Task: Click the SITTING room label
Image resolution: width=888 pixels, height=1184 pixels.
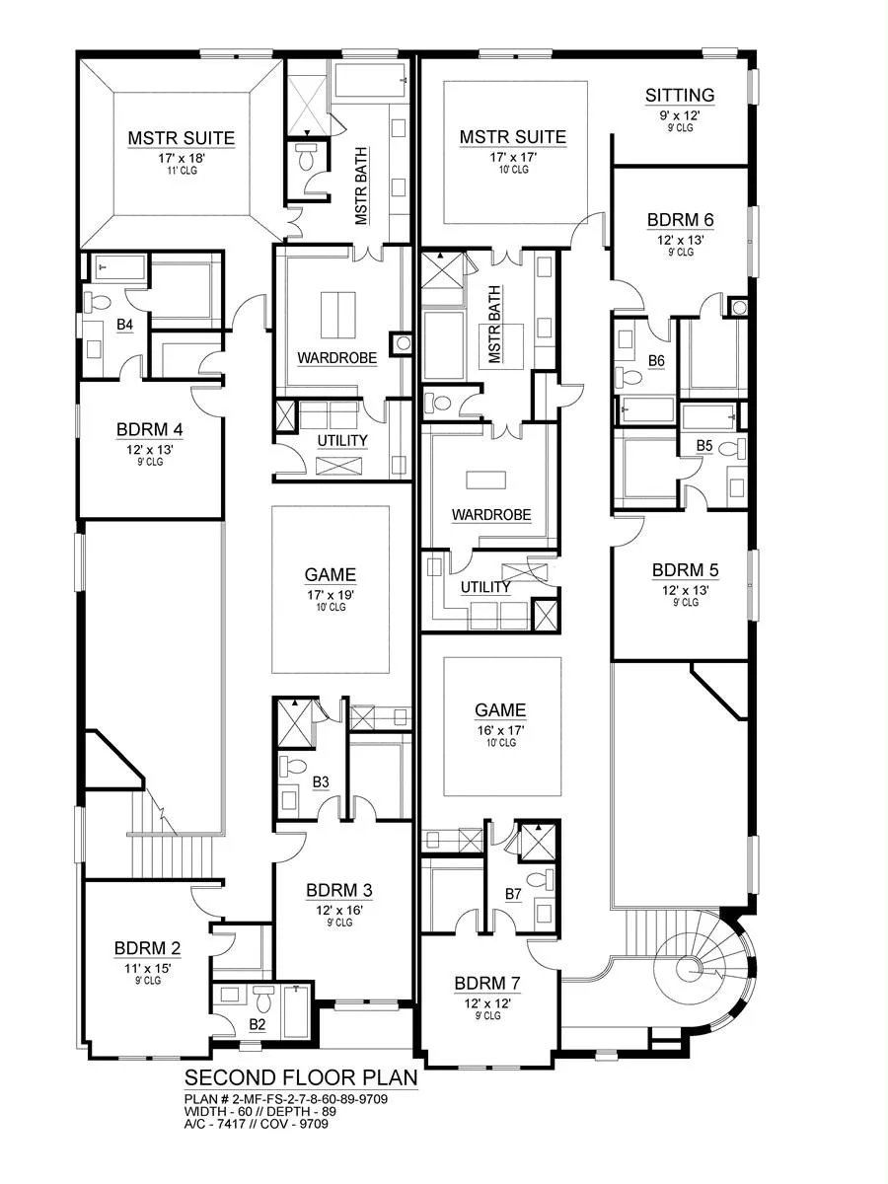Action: click(x=680, y=95)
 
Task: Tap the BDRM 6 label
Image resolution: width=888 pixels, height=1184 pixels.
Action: click(x=681, y=220)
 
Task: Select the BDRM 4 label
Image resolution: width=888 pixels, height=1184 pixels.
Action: click(x=149, y=430)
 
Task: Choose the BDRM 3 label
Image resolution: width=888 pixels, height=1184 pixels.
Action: click(x=339, y=891)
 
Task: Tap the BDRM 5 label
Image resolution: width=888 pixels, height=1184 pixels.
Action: click(x=686, y=570)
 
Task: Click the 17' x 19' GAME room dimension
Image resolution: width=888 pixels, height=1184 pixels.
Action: click(x=330, y=595)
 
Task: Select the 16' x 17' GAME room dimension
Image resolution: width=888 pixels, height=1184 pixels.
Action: click(x=500, y=730)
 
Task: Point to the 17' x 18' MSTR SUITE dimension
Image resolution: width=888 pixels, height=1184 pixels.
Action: click(x=183, y=159)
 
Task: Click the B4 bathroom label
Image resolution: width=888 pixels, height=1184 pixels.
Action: click(x=124, y=325)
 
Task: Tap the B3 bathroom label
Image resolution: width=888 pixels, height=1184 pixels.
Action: click(x=321, y=782)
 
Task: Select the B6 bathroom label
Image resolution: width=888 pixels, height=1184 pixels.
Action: click(x=656, y=361)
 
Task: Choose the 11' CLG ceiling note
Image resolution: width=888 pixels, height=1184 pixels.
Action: click(x=183, y=171)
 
